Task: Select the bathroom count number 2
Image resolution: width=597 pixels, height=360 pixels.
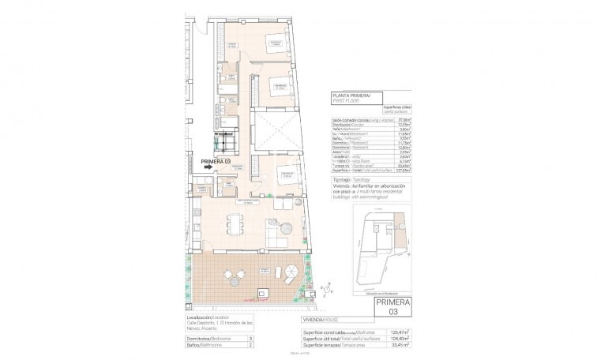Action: click(x=250, y=344)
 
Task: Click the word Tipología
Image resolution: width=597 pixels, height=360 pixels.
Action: click(x=342, y=180)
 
